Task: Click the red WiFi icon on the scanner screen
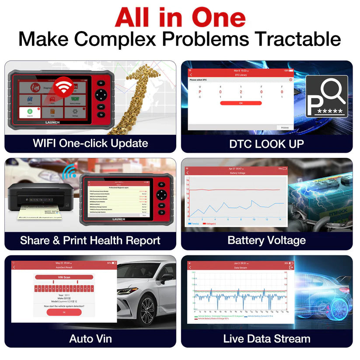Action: pyautogui.click(x=64, y=84)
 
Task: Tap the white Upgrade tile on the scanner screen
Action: pyautogui.click(x=30, y=113)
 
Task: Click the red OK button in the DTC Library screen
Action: pyautogui.click(x=241, y=103)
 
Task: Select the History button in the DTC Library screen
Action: pyautogui.click(x=285, y=127)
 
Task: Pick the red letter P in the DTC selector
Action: pyautogui.click(x=200, y=92)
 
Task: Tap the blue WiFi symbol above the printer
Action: pyautogui.click(x=69, y=172)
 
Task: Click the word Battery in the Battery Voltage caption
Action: pyautogui.click(x=244, y=240)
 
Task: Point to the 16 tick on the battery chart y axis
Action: pyautogui.click(x=187, y=179)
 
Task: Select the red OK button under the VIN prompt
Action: pyautogui.click(x=64, y=312)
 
